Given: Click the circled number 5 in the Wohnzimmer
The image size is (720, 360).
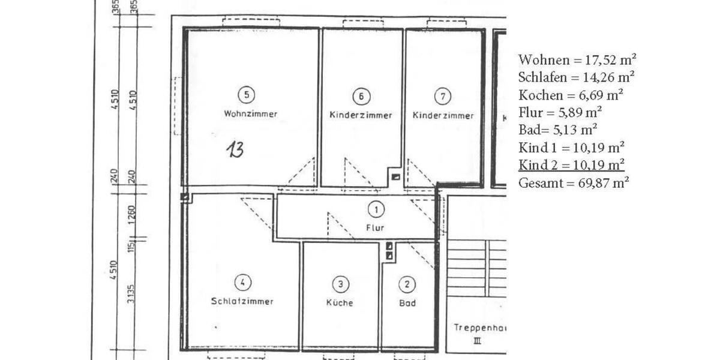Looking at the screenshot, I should pos(247,95).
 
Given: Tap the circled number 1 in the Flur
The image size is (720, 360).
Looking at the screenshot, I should pos(376,209).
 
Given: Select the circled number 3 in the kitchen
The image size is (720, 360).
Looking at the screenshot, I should pos(340,284).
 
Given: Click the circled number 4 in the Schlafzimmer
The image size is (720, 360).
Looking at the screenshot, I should pos(242,283).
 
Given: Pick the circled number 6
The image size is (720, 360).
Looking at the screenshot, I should pos(361,96).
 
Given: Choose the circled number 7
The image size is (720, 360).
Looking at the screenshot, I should pos(442,96).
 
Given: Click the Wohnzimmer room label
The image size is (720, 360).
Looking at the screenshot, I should pos(250,114).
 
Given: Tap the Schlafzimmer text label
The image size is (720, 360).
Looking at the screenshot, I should pos(242,301).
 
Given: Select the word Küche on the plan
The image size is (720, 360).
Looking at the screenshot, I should pos(340,303).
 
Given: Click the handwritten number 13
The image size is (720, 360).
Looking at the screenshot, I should pos(235,149).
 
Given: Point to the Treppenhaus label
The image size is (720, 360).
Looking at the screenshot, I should pos(478,328).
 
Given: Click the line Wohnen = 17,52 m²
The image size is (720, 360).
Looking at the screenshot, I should pos(577,60).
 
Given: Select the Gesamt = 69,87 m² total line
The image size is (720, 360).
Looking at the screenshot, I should pos(574,183).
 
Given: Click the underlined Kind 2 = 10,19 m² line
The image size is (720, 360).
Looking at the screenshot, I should pos(571,165).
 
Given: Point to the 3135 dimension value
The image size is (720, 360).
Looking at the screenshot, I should pos(132,293).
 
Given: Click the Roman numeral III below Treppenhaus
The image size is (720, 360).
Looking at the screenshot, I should pos(478,341).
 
